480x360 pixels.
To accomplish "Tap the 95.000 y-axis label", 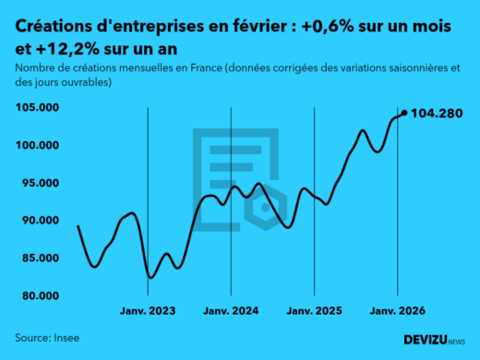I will tap(40, 184).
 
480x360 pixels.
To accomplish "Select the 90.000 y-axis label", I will tap(40, 221).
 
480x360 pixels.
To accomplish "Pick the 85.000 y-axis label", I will tap(40, 258).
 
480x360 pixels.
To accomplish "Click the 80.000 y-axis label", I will tap(40, 296).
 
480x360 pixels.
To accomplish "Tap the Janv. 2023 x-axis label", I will tap(148, 312).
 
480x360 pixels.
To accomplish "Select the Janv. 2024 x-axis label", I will tap(232, 312).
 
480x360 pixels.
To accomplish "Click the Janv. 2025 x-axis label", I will tap(315, 312).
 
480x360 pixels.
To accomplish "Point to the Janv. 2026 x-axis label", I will tap(397, 312).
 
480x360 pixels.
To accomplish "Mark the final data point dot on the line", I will tap(404, 113).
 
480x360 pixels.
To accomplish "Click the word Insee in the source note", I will tap(66, 338).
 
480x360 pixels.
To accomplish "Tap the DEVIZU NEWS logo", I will tap(435, 340).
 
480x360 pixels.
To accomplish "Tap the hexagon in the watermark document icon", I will tap(267, 209).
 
